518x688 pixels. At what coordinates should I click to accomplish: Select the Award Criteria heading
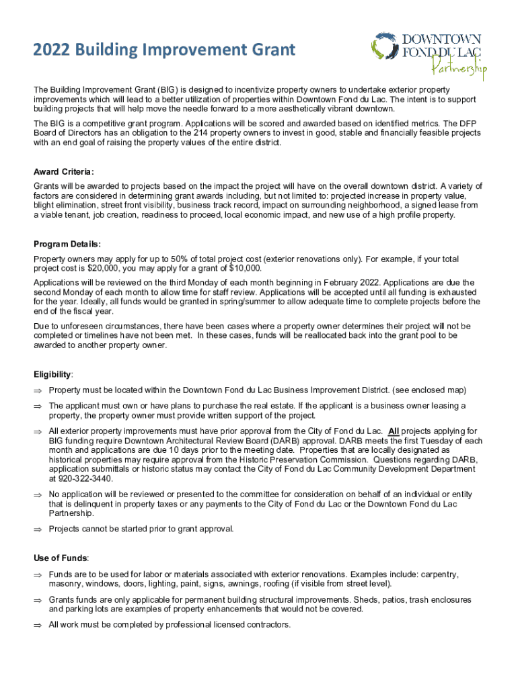tap(64, 171)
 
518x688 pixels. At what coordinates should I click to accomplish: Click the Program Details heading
tap(67, 244)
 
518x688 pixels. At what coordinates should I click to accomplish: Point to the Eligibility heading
tap(54, 374)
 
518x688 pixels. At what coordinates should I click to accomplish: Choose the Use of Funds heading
tap(61, 558)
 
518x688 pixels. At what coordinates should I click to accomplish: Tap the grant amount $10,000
tap(245, 268)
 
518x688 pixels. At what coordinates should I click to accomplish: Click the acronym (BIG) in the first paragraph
tap(171, 90)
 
